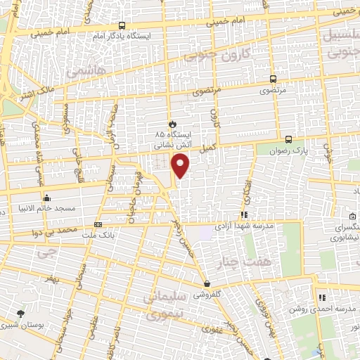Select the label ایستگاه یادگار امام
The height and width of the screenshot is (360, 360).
tap(122, 34)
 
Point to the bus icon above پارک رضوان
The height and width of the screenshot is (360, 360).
tap(288, 139)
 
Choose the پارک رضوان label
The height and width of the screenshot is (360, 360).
tap(290, 150)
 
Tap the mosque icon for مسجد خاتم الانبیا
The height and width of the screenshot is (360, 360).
tap(46, 198)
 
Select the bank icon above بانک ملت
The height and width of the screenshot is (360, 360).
tap(98, 224)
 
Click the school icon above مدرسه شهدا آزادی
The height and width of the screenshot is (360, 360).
tap(244, 214)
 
